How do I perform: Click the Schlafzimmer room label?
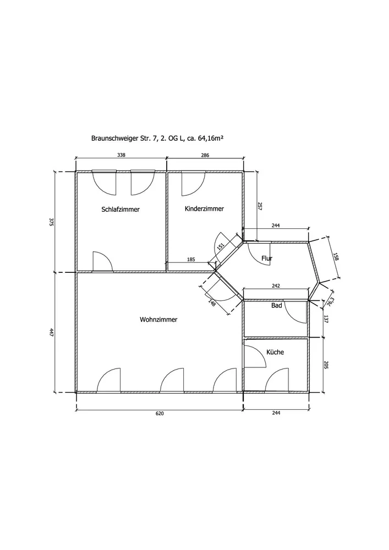[120, 210]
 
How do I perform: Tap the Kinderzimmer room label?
[204, 208]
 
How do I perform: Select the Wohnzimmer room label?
[158, 320]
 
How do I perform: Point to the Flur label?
[267, 258]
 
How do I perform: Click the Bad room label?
[277, 305]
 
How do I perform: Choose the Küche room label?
[275, 352]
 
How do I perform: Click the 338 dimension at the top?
[121, 155]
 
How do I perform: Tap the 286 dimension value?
[205, 155]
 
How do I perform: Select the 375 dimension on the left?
[51, 222]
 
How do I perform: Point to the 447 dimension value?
[51, 332]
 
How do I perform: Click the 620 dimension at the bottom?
[160, 413]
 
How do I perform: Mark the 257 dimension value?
[260, 206]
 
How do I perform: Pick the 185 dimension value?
[191, 260]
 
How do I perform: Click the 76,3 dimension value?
[331, 301]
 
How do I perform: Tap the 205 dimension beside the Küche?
[325, 365]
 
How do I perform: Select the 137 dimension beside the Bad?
[325, 319]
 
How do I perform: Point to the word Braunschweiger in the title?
[111, 139]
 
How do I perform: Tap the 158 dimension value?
[336, 257]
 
